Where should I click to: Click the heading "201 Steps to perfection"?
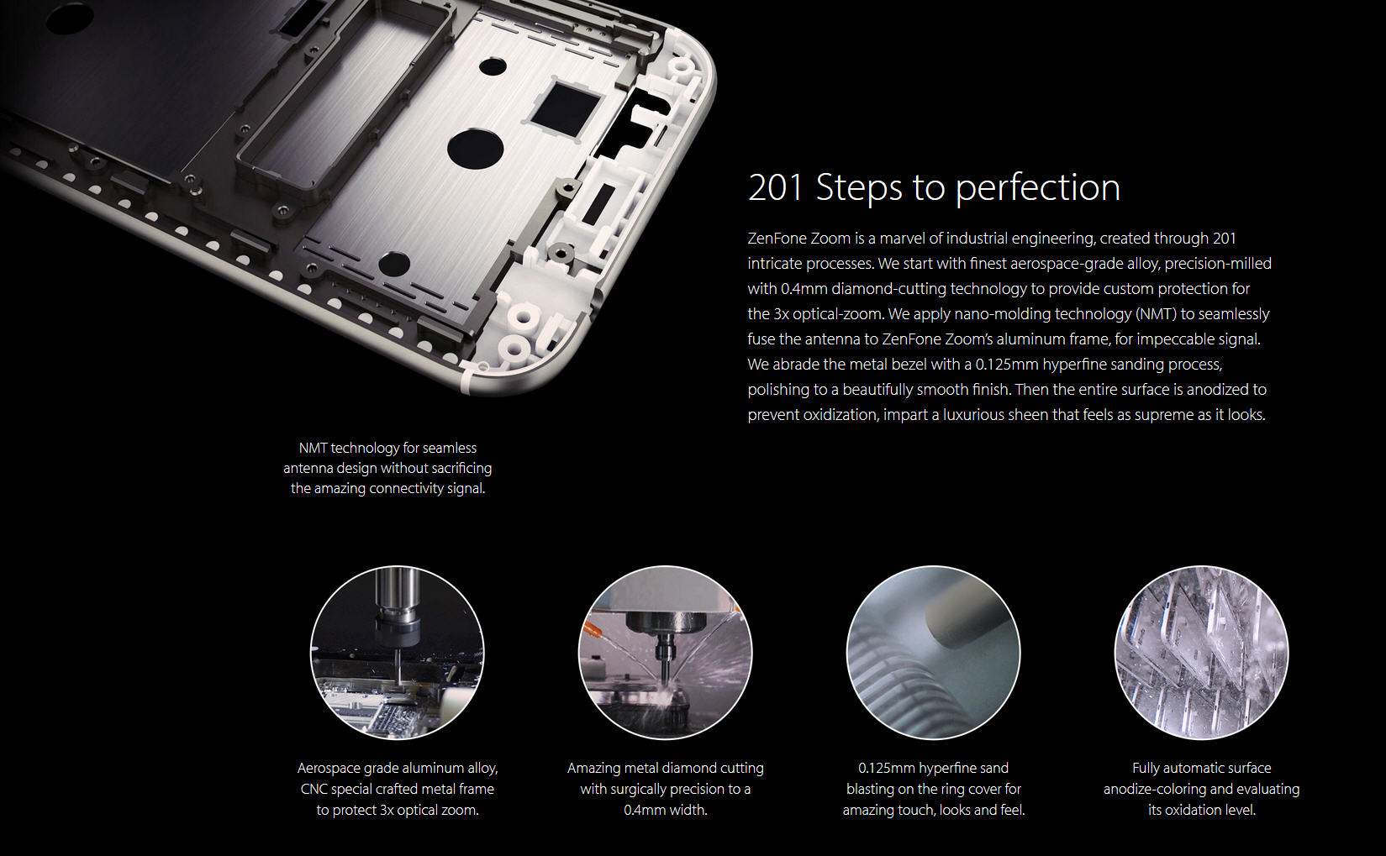click(x=934, y=186)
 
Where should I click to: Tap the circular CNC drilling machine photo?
click(x=398, y=653)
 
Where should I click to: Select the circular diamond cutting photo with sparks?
click(x=665, y=653)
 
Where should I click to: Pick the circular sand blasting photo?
click(x=933, y=653)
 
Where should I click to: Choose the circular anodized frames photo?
click(x=1202, y=653)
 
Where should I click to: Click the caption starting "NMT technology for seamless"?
click(x=387, y=468)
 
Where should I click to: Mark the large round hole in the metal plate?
click(x=475, y=148)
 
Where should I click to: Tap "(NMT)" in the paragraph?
click(x=1156, y=314)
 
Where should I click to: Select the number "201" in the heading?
click(x=775, y=186)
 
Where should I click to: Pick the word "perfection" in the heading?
click(x=1038, y=188)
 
